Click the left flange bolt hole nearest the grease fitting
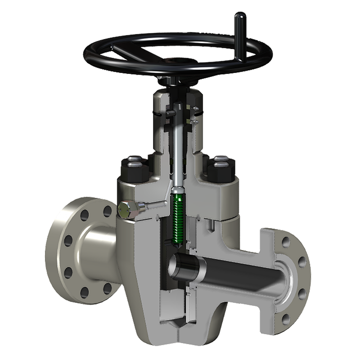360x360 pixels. click(x=107, y=211)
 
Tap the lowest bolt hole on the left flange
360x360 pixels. click(x=84, y=294)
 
